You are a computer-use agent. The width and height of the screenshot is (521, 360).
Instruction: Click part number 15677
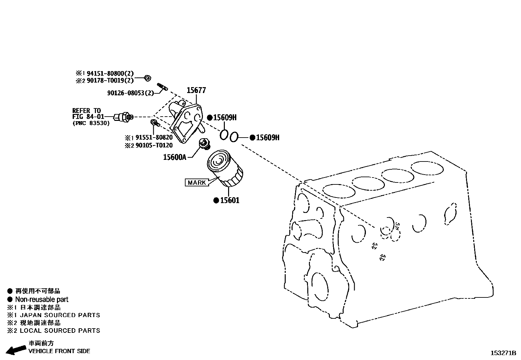pos(196,90)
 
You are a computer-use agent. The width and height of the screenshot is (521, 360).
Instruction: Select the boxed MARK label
pos(197,182)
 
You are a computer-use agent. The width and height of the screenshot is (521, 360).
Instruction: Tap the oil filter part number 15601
pos(229,200)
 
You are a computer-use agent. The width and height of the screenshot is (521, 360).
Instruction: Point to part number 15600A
pos(174,157)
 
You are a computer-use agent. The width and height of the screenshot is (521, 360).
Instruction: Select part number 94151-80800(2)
pos(110,74)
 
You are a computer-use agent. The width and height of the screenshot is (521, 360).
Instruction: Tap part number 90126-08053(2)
pos(130,93)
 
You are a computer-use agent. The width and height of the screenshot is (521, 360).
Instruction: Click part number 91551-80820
pos(154,138)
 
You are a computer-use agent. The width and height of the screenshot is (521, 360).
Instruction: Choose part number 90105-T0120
pos(154,145)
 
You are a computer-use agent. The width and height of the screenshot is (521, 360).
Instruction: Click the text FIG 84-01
pos(88,117)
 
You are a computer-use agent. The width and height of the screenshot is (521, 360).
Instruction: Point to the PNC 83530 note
pos(91,123)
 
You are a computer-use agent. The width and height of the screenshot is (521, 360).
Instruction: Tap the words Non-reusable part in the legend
pos(42,299)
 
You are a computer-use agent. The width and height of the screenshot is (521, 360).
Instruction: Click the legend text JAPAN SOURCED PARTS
pos(60,315)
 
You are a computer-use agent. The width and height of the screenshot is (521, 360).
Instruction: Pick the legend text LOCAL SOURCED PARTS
pos(60,331)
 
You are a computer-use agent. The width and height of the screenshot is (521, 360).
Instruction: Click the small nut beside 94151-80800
pos(148,78)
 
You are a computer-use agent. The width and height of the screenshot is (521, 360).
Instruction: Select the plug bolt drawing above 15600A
pos(205,144)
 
